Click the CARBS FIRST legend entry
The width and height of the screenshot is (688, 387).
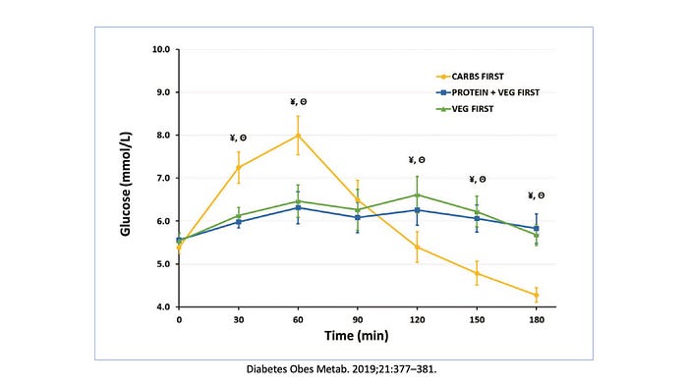click(x=470, y=77)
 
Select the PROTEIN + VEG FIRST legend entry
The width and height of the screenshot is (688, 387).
click(x=487, y=92)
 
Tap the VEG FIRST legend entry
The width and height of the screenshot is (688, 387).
click(x=465, y=109)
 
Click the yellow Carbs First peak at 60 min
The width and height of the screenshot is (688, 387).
click(x=298, y=136)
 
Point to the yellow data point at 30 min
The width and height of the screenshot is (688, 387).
click(x=238, y=167)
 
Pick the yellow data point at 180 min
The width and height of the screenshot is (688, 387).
click(x=537, y=296)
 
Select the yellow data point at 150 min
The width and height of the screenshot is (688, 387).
click(x=477, y=273)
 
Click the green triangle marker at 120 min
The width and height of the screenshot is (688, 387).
click(x=418, y=194)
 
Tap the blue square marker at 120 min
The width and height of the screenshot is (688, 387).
click(x=418, y=210)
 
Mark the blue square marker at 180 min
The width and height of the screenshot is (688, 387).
click(x=537, y=228)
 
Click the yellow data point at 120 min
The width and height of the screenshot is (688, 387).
click(x=418, y=248)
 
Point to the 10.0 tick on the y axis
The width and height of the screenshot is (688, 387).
click(x=161, y=49)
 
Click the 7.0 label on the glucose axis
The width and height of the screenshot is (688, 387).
click(x=163, y=179)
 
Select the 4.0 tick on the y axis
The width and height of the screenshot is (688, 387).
click(x=163, y=307)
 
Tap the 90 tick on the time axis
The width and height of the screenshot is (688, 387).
click(x=358, y=320)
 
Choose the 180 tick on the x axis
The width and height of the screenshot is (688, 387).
click(x=537, y=320)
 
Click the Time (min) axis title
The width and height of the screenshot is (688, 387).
click(x=356, y=336)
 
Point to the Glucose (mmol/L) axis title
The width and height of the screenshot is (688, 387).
click(x=126, y=184)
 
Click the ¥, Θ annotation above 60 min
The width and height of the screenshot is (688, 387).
click(x=299, y=102)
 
